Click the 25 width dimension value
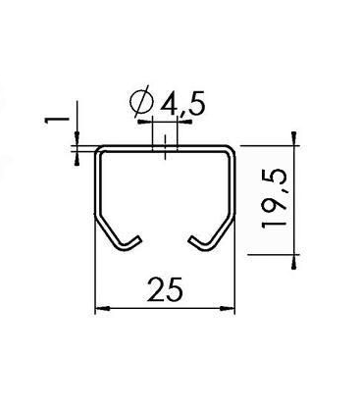165,289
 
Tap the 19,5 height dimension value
274,198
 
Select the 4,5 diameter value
182,104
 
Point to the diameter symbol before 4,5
141,101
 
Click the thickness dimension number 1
57,120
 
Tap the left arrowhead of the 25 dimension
102,308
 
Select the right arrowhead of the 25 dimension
228,308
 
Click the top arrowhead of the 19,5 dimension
294,138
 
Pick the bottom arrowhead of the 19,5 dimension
294,261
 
